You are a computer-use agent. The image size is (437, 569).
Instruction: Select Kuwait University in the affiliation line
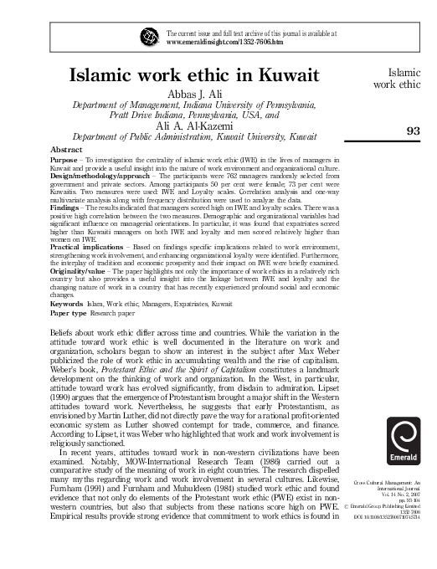273,136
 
